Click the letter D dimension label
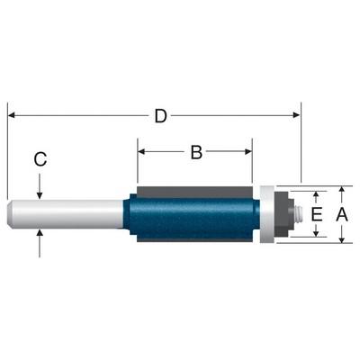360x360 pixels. pos(160,116)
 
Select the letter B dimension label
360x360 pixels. pos(196,152)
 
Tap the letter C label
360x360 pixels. pos(40,159)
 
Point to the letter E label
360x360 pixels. pos(317,214)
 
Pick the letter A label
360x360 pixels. pos(342,215)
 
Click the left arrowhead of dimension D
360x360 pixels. pos(12,115)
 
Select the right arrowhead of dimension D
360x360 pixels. pos(296,115)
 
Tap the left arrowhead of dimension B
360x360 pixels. pos(141,151)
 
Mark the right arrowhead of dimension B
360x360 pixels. pos(248,151)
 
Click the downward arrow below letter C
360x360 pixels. pos(40,186)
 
